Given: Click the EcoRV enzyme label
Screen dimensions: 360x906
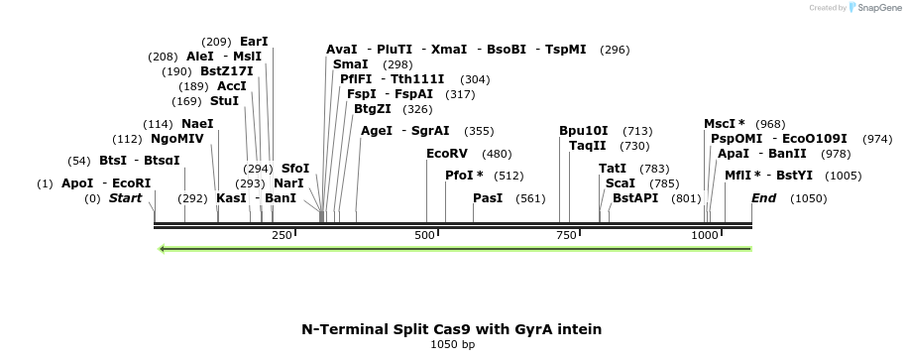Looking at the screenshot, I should (446, 154).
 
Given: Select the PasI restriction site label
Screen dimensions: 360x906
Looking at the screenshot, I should (488, 198).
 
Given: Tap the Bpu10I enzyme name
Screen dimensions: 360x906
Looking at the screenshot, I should (584, 131).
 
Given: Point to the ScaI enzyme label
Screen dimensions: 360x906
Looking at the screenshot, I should (621, 183).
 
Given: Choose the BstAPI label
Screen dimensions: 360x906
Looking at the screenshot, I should (635, 198).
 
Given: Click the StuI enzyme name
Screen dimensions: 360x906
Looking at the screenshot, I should (225, 101).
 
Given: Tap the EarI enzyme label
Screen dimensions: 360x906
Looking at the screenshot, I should (254, 42).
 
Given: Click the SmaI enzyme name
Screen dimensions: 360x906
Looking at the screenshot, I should (351, 64).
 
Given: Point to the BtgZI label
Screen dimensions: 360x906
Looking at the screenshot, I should (372, 109).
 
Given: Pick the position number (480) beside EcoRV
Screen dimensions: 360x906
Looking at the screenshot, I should (497, 154).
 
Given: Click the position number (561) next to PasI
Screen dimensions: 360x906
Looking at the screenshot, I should (531, 198).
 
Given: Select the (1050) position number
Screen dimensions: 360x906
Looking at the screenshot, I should (809, 198).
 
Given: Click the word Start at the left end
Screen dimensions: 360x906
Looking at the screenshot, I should (126, 198).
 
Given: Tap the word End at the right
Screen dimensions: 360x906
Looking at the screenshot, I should (763, 198).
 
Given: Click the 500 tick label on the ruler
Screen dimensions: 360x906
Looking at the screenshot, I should (425, 235).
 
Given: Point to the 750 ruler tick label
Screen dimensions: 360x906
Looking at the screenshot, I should (566, 235).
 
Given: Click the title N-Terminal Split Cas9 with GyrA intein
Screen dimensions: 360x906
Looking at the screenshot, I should (452, 328).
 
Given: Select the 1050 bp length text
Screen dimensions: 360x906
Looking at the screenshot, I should (452, 345).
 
